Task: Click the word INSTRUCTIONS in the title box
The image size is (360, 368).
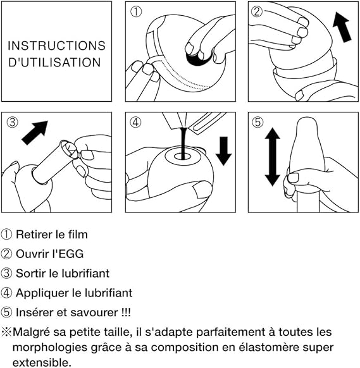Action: [56, 46]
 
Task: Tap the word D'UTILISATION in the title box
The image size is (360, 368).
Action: [54, 63]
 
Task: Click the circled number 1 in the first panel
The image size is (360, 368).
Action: [136, 12]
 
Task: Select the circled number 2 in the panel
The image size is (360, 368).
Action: [257, 11]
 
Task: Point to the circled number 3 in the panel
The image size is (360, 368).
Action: [12, 122]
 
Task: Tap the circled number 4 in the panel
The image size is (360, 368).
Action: [135, 122]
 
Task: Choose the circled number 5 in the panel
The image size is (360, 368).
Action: [258, 122]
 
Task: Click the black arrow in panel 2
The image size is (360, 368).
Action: [342, 27]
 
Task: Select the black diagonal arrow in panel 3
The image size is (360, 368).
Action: [35, 132]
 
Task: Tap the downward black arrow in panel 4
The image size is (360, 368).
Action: [223, 151]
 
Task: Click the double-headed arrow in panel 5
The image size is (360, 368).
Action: [273, 157]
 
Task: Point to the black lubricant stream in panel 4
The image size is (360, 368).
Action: [183, 144]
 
